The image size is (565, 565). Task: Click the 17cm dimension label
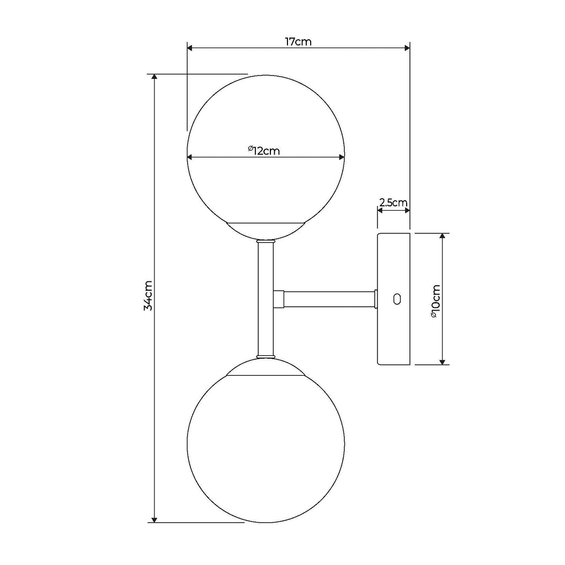point(299,42)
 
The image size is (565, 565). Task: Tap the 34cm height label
point(148,296)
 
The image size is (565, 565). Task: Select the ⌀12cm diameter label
point(264,150)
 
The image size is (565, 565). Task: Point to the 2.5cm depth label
point(393,202)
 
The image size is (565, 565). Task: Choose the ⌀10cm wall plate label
point(436,301)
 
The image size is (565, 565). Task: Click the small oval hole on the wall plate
point(397,299)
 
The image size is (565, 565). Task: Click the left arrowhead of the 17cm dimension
point(190,48)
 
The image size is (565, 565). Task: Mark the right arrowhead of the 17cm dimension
point(407,48)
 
